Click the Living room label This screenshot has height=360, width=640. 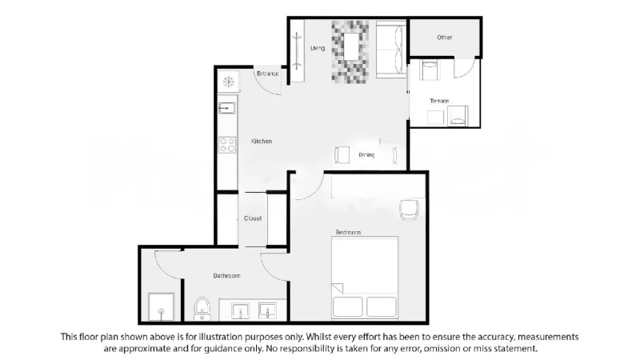tap(318, 48)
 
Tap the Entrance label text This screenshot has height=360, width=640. tap(268, 74)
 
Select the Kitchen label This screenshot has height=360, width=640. tap(262, 142)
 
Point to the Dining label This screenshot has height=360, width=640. tap(366, 155)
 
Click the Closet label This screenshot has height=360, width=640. tap(253, 218)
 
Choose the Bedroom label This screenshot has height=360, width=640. tap(348, 232)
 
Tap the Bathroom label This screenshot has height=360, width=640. tap(226, 276)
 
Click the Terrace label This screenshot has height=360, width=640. tap(439, 101)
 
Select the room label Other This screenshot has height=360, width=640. tap(445, 37)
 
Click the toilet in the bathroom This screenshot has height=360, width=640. tap(202, 309)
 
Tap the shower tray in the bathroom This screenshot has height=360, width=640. tap(162, 306)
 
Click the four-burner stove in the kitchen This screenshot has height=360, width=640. tap(227, 145)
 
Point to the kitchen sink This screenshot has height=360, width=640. tap(227, 108)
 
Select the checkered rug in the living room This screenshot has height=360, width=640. tap(350, 52)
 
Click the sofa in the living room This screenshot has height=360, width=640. tap(391, 50)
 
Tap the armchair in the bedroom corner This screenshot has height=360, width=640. tap(409, 210)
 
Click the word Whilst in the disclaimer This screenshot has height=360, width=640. tap(318, 337)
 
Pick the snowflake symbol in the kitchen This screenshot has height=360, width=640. tap(229, 82)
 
